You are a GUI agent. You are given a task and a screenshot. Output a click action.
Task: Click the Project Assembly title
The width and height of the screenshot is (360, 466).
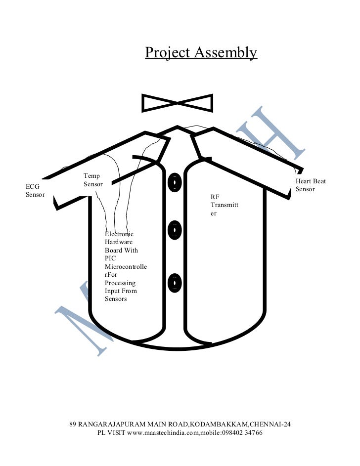(x=201, y=53)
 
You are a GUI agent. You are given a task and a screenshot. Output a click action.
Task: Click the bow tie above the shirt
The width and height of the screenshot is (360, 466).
(x=177, y=103)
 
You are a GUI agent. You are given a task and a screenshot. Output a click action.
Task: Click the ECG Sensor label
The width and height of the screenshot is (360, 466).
(x=35, y=190)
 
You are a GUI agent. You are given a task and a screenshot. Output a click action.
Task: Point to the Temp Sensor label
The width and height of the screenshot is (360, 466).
(x=93, y=180)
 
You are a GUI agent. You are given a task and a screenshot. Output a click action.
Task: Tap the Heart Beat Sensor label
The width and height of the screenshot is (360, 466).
(x=311, y=185)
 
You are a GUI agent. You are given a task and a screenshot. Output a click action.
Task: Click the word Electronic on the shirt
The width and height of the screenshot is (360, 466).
(x=119, y=234)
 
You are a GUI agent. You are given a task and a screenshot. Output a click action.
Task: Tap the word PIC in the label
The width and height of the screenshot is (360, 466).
(x=110, y=258)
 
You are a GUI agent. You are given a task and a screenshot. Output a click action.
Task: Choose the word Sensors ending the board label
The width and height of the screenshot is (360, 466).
(x=116, y=299)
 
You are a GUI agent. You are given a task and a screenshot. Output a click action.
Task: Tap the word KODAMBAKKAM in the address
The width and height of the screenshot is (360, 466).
(x=218, y=424)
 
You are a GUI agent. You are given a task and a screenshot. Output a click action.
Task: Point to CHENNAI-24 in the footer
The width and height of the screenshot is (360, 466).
(x=270, y=424)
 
